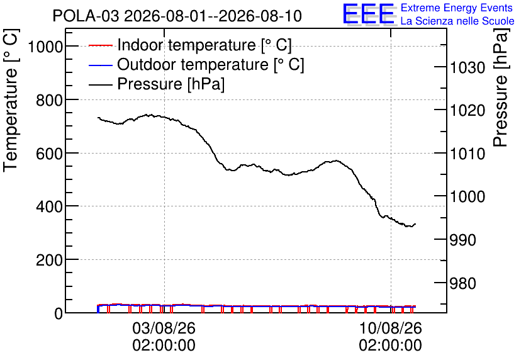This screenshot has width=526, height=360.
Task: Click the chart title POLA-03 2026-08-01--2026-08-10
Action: pos(177,16)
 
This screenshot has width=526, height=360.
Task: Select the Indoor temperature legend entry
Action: pos(190,45)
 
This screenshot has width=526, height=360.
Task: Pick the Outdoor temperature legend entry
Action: pos(196,64)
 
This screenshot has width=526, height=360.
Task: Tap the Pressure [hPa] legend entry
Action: pos(157,84)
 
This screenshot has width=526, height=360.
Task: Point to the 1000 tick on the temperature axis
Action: pos(45,47)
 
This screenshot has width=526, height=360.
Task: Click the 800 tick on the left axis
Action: pos(49,99)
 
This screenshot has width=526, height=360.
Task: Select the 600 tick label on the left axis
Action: pos(49,154)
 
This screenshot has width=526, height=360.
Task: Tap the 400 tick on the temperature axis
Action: pos(49,206)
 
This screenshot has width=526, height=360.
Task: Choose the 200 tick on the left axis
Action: pos(49,260)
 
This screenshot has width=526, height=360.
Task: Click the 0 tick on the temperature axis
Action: pos(59,313)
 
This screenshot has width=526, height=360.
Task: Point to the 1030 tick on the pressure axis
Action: pos(467,67)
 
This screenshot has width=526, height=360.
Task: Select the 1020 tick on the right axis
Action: pos(467,110)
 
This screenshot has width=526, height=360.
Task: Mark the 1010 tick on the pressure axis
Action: pos(467,154)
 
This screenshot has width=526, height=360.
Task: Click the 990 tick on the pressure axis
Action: pos(463,240)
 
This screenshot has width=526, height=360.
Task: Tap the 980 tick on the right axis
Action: pos(463,283)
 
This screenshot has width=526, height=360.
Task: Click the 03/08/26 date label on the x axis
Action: pos(164,328)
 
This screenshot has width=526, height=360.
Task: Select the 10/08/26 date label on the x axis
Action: pos(391,328)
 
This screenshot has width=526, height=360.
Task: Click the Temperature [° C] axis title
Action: pos(11,101)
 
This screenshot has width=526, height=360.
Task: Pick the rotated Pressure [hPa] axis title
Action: pos(501,87)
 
